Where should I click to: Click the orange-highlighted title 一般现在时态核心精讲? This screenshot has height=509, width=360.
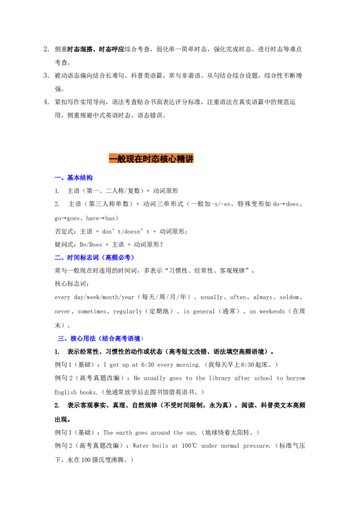point(151,159)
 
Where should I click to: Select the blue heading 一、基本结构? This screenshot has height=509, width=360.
point(73,178)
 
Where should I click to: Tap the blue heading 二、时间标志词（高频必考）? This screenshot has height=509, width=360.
point(94,257)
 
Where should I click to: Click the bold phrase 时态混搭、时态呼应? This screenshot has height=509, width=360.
point(96,49)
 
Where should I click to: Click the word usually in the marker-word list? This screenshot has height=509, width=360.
point(211,297)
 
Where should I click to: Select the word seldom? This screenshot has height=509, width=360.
point(289,297)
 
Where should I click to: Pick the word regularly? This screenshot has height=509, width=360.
point(127,312)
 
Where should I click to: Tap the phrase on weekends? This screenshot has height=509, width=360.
point(267,312)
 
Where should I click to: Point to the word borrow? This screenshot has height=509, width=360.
point(296,378)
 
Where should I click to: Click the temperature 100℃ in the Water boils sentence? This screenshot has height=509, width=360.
point(189,446)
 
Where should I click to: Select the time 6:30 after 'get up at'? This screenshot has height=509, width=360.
point(148,365)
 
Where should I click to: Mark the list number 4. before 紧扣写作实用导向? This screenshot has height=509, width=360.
point(46,102)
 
